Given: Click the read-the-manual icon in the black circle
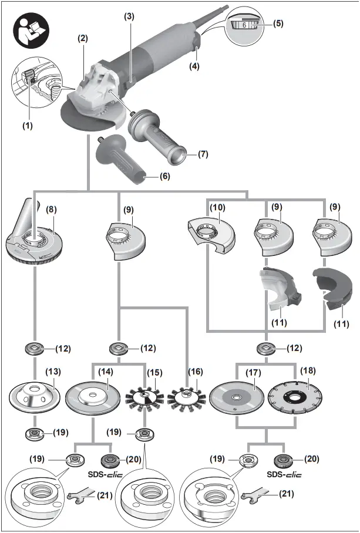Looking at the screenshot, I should click(x=27, y=29).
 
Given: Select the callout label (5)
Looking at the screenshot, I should click(x=278, y=24).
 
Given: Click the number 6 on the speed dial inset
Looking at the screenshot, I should click(x=244, y=25).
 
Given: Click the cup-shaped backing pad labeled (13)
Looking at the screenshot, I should click(x=35, y=396).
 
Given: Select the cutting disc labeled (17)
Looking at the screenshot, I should click(x=235, y=396).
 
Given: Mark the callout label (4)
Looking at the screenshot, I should click(x=193, y=66).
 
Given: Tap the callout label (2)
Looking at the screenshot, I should click(x=83, y=38).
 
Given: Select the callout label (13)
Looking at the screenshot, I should click(x=53, y=371).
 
